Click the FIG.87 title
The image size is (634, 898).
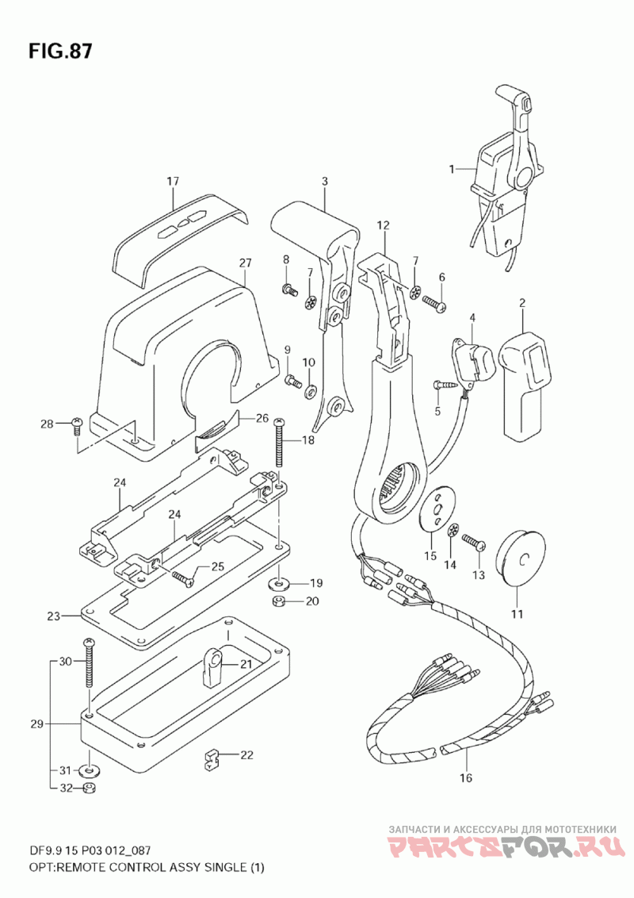pos(60,51)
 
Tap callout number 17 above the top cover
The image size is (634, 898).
pos(173,182)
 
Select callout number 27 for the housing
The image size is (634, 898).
pos(246,263)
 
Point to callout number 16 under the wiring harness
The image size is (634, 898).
pos(466,777)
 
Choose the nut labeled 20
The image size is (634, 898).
pos(279,601)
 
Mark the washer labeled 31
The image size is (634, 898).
pos(89,769)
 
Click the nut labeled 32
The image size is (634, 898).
pos(90,789)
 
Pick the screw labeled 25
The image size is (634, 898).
pos(183,577)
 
